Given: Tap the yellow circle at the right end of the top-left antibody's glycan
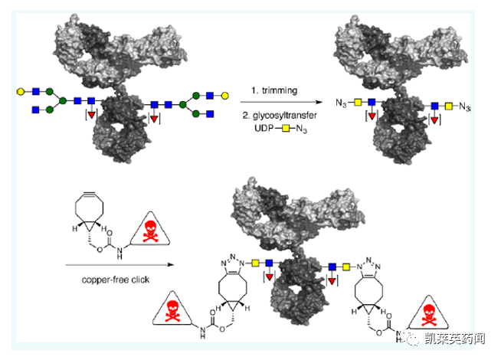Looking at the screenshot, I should pyautogui.click(x=225, y=95).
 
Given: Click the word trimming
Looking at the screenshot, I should pyautogui.click(x=273, y=90).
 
